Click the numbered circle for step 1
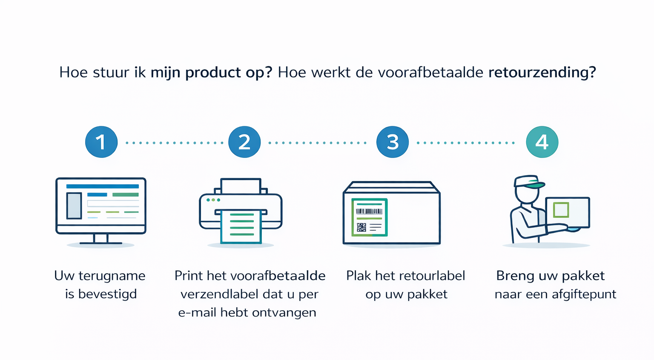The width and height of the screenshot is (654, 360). [101, 142]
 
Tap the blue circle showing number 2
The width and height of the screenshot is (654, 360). [244, 142]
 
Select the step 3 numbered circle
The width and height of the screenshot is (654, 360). [393, 142]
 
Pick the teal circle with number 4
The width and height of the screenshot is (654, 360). [542, 142]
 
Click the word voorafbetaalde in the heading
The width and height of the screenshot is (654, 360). [430, 72]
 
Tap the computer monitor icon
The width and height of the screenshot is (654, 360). [101, 205]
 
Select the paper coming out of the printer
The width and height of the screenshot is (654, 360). [241, 227]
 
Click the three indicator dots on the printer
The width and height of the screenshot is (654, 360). [213, 200]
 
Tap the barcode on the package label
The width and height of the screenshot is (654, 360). [369, 211]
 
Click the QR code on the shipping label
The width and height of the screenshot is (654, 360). [361, 227]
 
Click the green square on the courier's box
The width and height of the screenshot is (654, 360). [561, 210]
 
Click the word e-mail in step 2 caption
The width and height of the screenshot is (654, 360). [198, 313]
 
